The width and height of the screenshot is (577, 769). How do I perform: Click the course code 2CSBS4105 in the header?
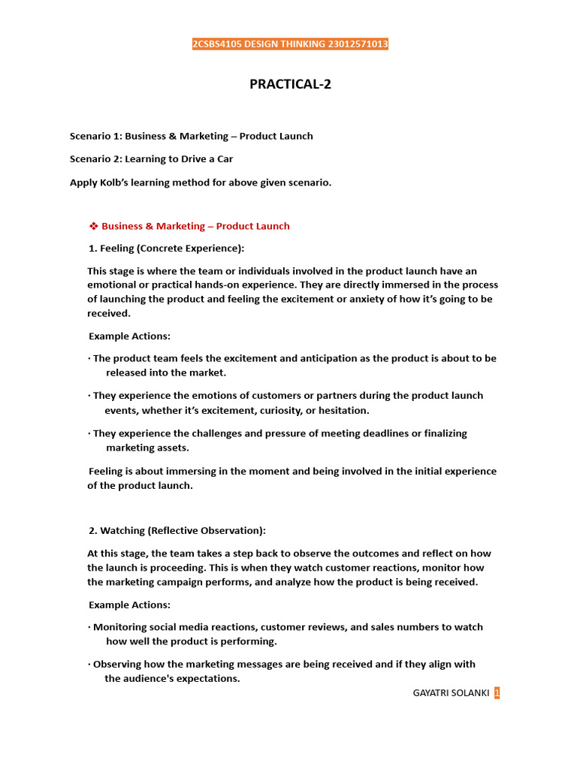[218, 44]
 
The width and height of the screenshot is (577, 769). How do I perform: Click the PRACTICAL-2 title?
[290, 84]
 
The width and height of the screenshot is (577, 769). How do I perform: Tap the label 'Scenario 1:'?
[95, 136]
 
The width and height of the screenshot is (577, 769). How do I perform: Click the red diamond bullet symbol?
[94, 226]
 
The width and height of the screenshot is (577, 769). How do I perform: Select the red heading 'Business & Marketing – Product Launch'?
[195, 226]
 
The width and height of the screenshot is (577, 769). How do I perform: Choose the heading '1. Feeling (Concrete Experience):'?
[167, 249]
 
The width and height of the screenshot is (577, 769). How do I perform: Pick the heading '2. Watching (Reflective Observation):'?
[177, 530]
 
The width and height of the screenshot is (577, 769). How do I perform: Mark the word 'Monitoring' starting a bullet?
[119, 627]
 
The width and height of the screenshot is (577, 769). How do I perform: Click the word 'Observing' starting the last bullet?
[117, 664]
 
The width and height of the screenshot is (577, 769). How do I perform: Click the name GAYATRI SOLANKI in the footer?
[451, 693]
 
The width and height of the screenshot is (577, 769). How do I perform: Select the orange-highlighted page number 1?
[497, 693]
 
